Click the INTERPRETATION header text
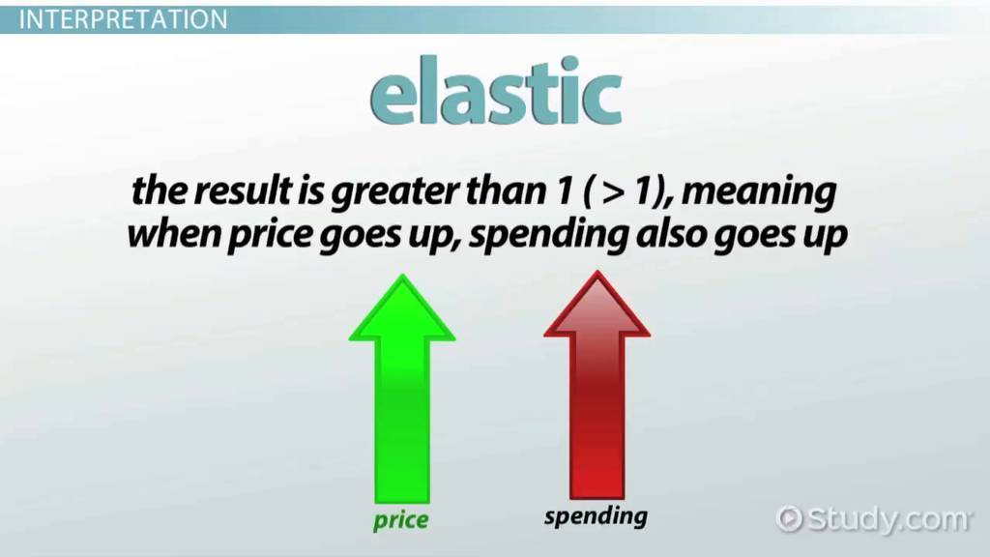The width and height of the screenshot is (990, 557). (123, 19)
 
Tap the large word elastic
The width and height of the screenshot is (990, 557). (496, 93)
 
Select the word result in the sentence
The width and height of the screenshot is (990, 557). (243, 191)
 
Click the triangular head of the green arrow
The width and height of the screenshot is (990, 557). (402, 308)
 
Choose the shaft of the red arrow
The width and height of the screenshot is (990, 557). (597, 418)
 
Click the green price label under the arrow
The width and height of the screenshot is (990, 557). (400, 521)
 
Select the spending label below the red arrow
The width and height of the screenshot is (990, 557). (596, 516)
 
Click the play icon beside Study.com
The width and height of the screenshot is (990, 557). (789, 519)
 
